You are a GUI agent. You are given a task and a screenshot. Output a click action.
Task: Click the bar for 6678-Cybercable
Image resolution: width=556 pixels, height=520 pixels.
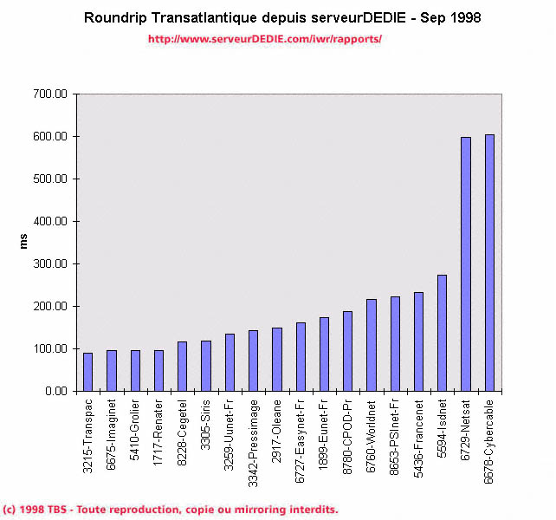[x=489, y=263]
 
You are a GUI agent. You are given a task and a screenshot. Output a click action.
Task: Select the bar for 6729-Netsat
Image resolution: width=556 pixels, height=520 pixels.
[x=466, y=264]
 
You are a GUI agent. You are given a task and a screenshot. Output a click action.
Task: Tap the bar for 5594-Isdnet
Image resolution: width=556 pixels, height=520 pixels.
[x=442, y=333]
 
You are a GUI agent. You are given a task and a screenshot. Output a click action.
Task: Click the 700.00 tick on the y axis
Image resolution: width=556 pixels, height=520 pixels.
[x=49, y=94]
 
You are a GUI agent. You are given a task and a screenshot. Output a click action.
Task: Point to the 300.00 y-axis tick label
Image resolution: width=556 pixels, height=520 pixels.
[x=49, y=263]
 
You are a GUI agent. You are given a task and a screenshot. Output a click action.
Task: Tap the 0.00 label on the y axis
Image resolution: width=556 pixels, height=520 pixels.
[x=55, y=391]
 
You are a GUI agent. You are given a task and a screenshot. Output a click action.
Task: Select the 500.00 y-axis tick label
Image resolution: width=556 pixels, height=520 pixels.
[x=49, y=179]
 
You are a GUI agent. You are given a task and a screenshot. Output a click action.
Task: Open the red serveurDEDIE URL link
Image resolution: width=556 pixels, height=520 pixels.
[x=264, y=39]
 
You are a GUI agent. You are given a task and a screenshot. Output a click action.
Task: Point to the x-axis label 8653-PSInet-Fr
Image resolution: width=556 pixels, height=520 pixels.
[x=395, y=441]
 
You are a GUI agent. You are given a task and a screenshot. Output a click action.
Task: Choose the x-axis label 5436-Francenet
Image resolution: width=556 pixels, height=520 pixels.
[x=418, y=441]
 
